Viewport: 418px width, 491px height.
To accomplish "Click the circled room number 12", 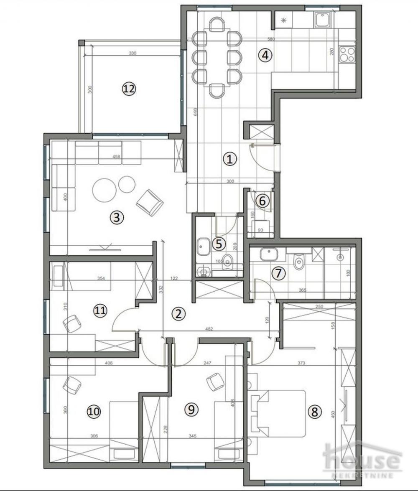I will click(130, 88).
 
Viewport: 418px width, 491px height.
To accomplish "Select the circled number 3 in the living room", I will click(117, 217).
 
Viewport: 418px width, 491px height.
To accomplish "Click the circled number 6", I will click(262, 201).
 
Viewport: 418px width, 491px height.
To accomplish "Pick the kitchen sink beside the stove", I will click(323, 19).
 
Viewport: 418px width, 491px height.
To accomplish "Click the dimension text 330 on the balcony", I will click(132, 53).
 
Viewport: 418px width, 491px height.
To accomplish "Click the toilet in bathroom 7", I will click(299, 262).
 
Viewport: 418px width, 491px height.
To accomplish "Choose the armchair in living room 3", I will click(150, 202).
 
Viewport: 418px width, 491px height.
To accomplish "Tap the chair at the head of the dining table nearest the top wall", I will click(217, 25).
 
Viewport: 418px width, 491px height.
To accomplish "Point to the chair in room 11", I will click(72, 323).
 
